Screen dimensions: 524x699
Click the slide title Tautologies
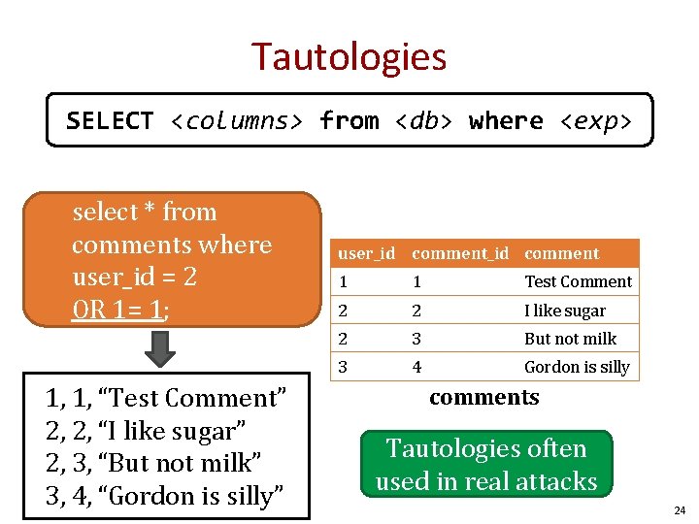tap(349, 56)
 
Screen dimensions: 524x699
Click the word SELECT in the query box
tap(110, 121)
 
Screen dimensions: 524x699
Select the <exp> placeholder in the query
tap(595, 121)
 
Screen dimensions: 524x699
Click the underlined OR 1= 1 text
tap(120, 311)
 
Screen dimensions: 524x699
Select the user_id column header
tap(366, 254)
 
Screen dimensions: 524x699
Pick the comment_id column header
tap(460, 254)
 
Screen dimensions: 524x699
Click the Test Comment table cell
tap(578, 282)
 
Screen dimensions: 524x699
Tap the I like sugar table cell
tap(564, 311)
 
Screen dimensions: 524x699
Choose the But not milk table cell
tap(570, 340)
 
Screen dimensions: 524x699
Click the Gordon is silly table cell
tap(577, 368)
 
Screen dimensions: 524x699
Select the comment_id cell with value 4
tap(416, 368)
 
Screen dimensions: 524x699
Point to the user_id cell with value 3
tap(342, 368)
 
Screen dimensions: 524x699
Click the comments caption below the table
tap(483, 397)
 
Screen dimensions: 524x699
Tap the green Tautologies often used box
tap(485, 465)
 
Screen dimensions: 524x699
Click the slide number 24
tap(679, 510)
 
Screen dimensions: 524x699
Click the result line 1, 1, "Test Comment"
tap(166, 399)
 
